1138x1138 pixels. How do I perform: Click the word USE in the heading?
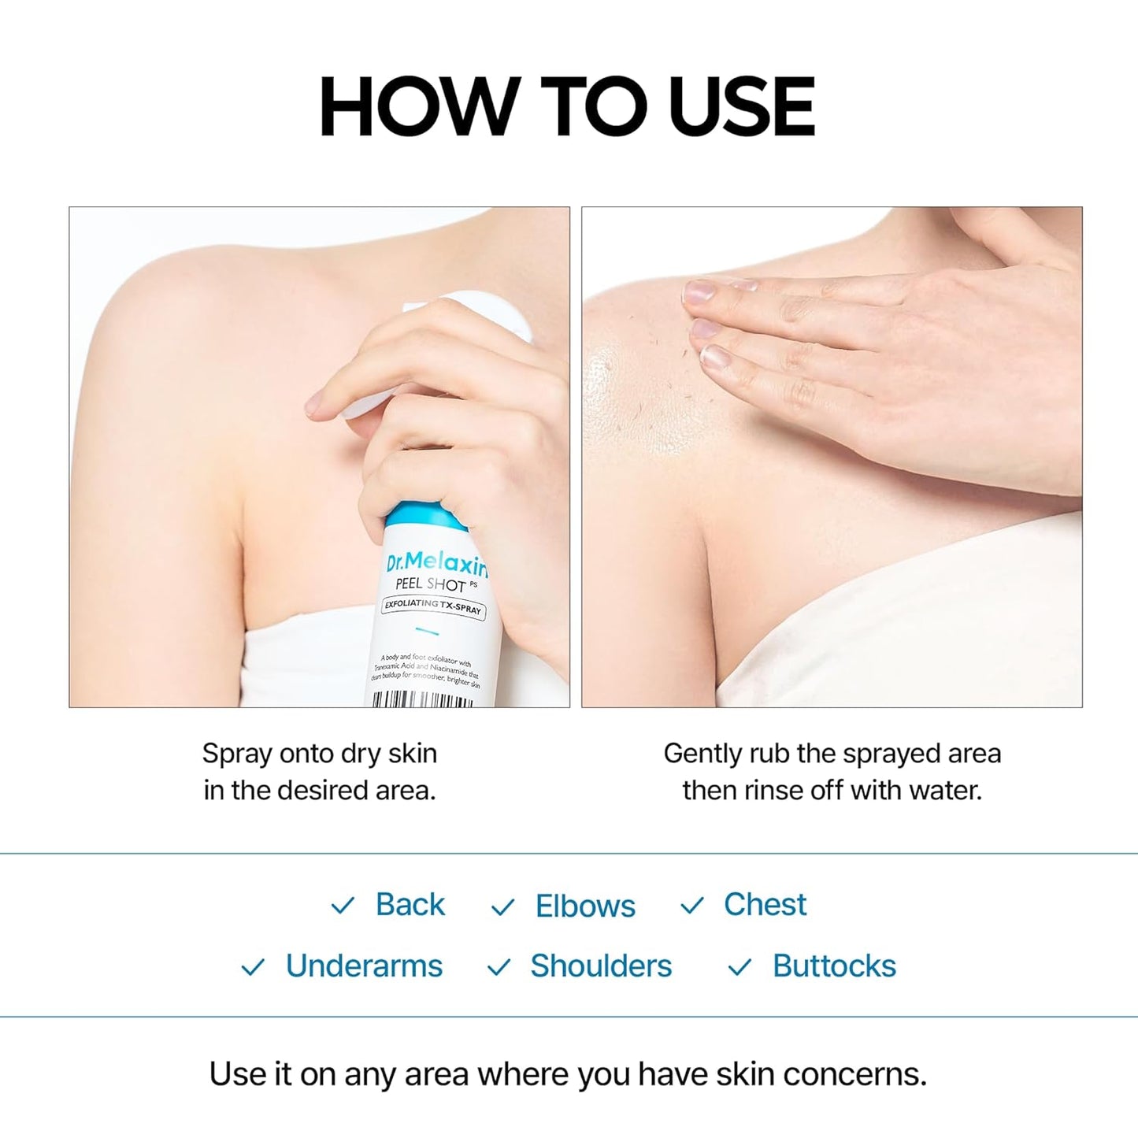coord(741,108)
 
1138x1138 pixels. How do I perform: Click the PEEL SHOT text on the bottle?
coord(431,584)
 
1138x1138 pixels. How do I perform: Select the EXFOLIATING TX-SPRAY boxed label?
coord(433,606)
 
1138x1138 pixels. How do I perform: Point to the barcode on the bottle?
coord(422,699)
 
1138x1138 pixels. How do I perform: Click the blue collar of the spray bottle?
coord(421,514)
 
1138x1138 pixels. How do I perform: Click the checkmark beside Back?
coord(343,906)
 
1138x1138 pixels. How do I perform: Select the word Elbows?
coord(585,906)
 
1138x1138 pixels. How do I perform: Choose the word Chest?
coord(765,904)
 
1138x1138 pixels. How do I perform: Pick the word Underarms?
coord(364,966)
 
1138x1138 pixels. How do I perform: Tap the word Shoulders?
coord(601,966)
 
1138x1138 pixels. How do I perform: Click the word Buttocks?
coord(834,966)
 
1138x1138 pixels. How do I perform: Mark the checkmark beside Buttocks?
coord(740,967)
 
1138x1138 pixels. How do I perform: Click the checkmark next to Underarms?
coord(253,967)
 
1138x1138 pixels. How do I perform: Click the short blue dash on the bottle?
coord(427,631)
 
